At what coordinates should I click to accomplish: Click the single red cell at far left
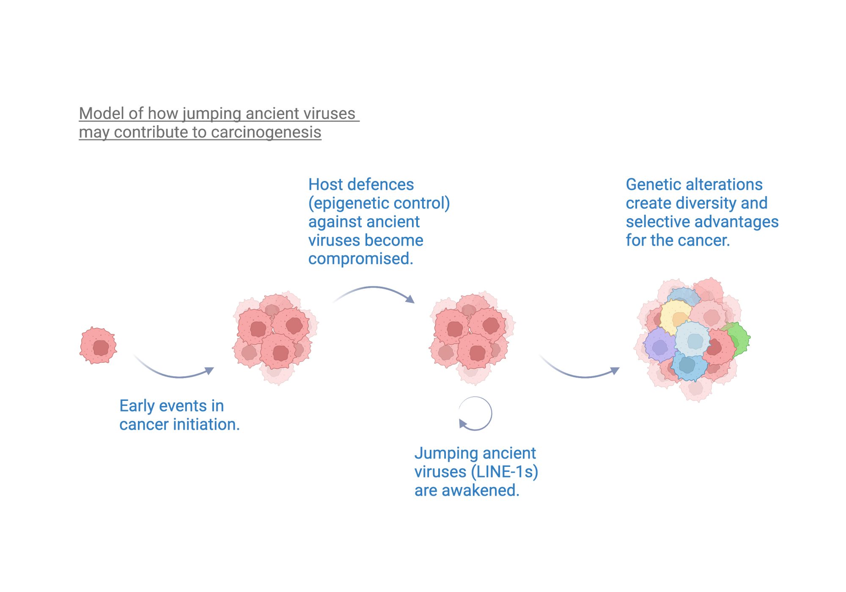tap(98, 345)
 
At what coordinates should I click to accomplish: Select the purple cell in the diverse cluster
tap(659, 346)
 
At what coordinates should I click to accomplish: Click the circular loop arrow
tap(475, 414)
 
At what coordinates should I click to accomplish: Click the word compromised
tap(360, 259)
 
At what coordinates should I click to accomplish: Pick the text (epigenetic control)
tap(379, 203)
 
